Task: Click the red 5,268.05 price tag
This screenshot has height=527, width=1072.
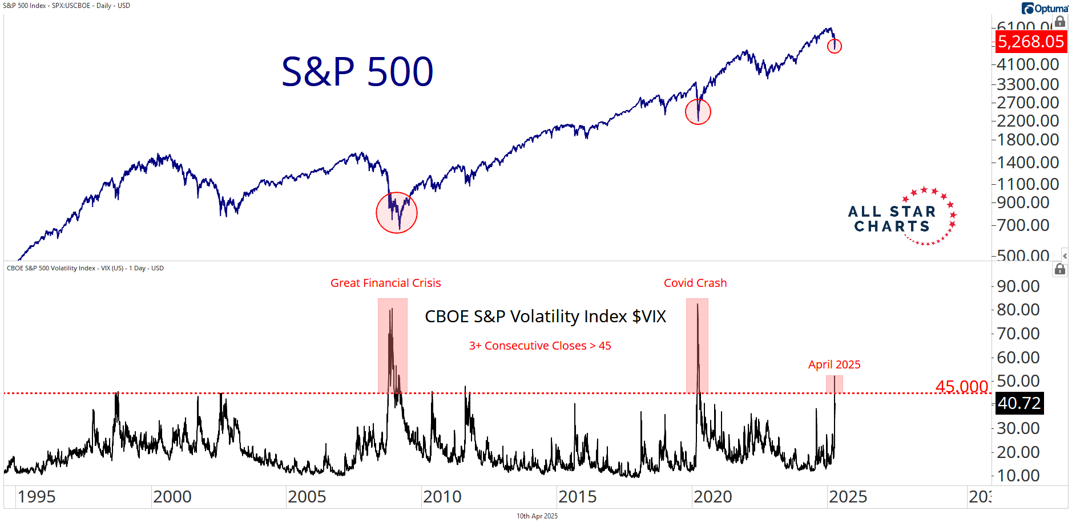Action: pyautogui.click(x=1031, y=42)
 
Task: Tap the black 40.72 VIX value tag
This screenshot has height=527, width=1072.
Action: pyautogui.click(x=1019, y=403)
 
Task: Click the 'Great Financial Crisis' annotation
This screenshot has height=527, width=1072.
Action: pyautogui.click(x=385, y=283)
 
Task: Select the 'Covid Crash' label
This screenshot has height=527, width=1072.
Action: pyautogui.click(x=695, y=283)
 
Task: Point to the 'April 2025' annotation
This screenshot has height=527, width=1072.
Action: pyautogui.click(x=834, y=364)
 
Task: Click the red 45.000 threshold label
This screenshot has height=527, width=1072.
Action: pyautogui.click(x=961, y=386)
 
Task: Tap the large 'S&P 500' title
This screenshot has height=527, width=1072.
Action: pyautogui.click(x=357, y=72)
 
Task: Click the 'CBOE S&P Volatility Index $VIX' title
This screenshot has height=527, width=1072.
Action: pyautogui.click(x=545, y=317)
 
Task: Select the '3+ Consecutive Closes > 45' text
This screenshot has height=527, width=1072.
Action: pyautogui.click(x=540, y=346)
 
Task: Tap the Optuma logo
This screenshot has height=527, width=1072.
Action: pyautogui.click(x=1045, y=8)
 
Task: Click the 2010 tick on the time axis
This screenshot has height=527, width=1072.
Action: pyautogui.click(x=442, y=497)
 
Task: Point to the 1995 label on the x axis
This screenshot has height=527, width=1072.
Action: pyautogui.click(x=37, y=497)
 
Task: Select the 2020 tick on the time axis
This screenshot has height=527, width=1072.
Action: pyautogui.click(x=712, y=497)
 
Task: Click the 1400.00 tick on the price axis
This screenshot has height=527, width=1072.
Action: pyautogui.click(x=1027, y=163)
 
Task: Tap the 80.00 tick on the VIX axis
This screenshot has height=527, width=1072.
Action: pyautogui.click(x=1018, y=310)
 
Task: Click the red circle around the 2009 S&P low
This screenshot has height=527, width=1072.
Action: pyautogui.click(x=397, y=213)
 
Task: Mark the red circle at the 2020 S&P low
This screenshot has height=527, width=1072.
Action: pyautogui.click(x=698, y=111)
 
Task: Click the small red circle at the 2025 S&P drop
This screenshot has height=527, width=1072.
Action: pyautogui.click(x=834, y=46)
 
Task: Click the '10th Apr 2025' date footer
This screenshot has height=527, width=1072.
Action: pyautogui.click(x=537, y=516)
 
